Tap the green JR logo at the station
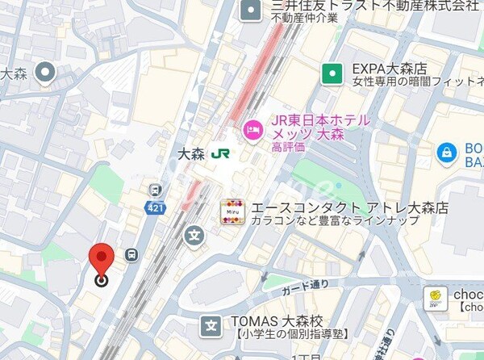coord(220,153)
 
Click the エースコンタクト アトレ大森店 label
coord(349,207)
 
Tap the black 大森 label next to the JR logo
coord(190,153)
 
